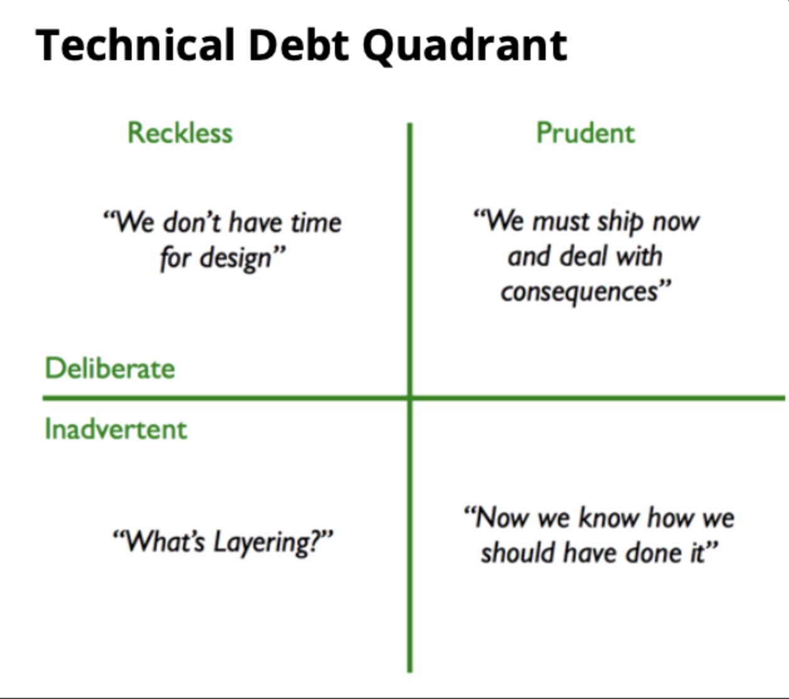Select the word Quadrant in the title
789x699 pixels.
pyautogui.click(x=465, y=46)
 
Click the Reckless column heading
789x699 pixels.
pyautogui.click(x=180, y=133)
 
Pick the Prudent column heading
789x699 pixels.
pyautogui.click(x=585, y=133)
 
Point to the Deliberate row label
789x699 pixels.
pyautogui.click(x=110, y=368)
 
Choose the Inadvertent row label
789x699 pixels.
pyautogui.click(x=116, y=429)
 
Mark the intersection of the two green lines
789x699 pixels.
pyautogui.click(x=410, y=398)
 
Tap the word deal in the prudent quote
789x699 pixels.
pyautogui.click(x=583, y=257)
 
